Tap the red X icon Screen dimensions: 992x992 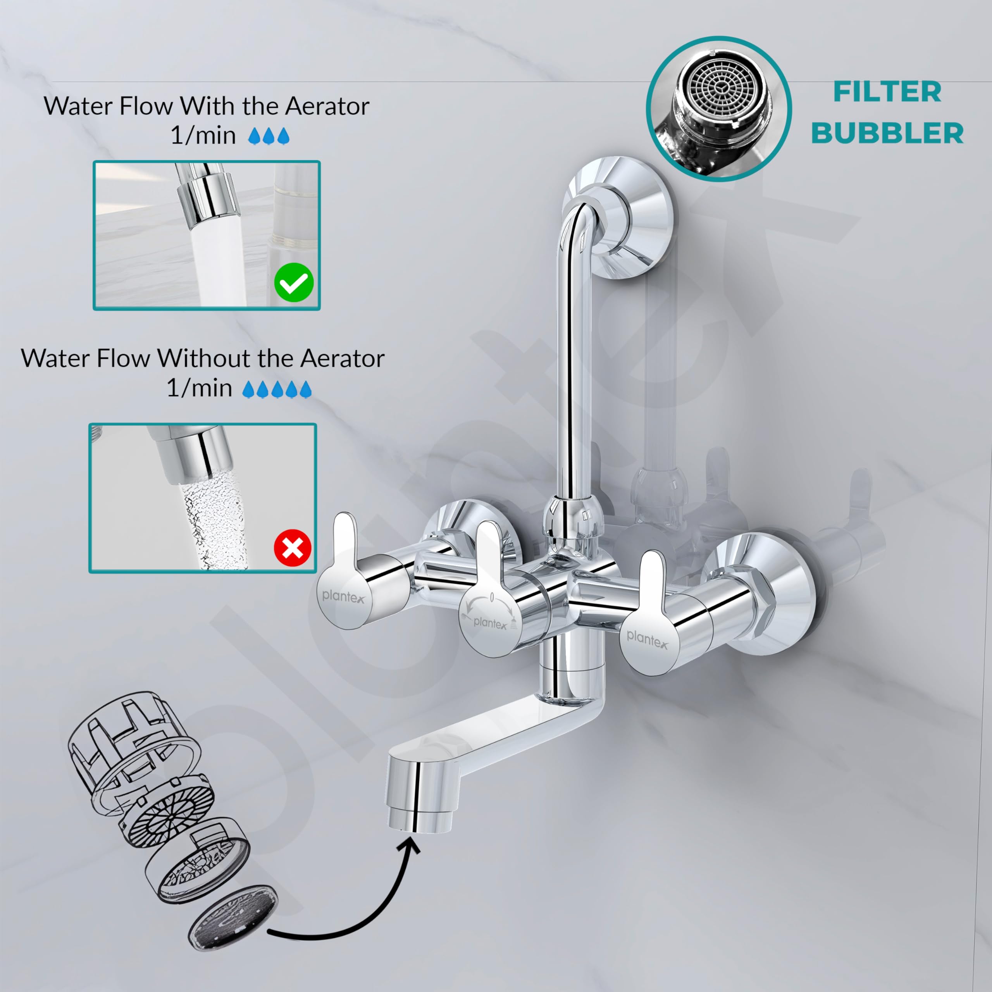coord(293,549)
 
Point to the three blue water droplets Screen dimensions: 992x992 coord(269,136)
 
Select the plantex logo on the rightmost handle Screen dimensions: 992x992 coord(648,639)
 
